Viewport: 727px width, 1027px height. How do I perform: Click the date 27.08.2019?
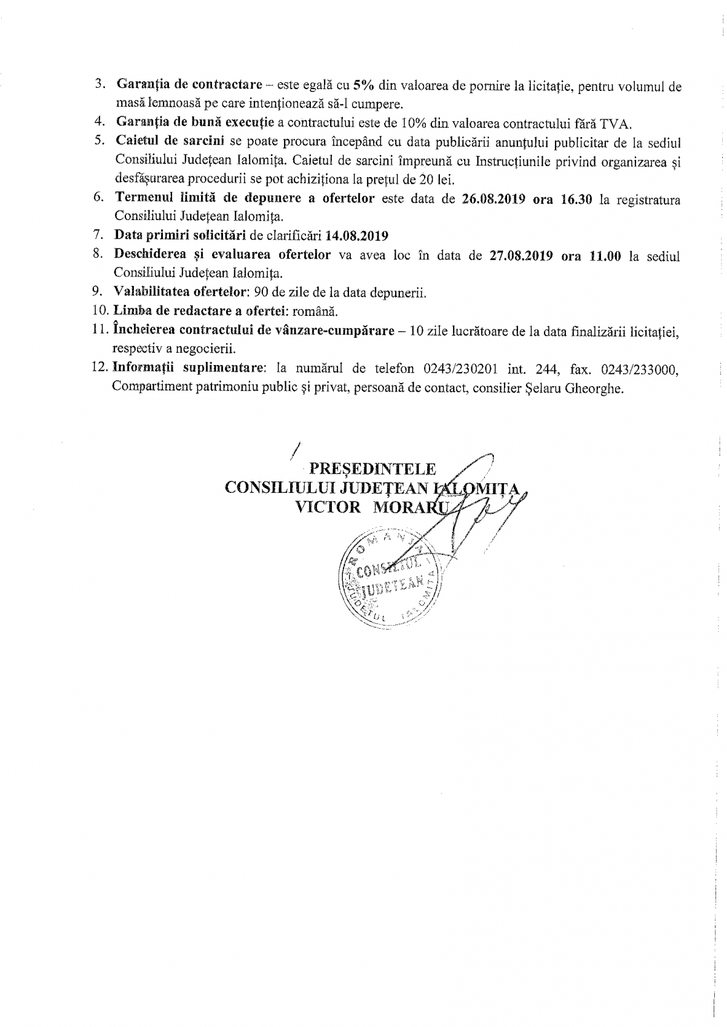pos(520,255)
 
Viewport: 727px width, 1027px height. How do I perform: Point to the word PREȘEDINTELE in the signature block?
pos(372,469)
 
